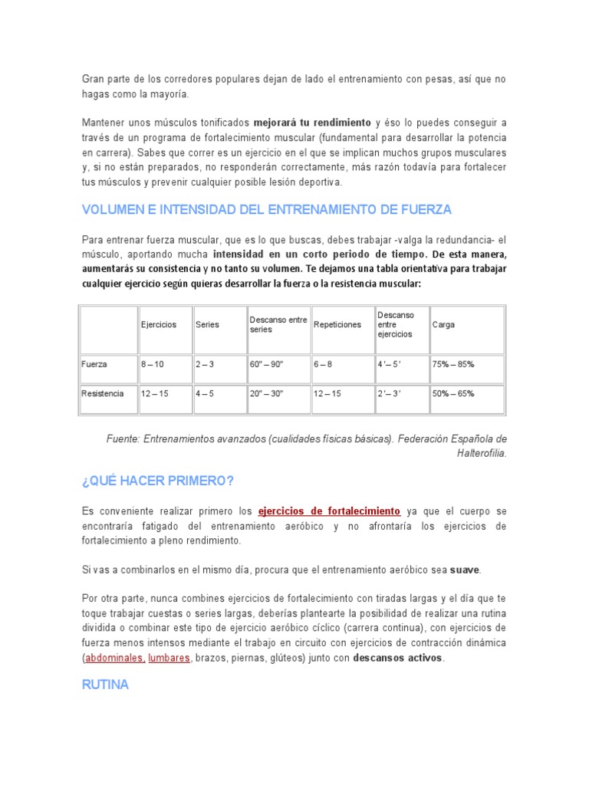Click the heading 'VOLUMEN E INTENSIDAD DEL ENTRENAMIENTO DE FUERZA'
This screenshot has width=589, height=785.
click(266, 209)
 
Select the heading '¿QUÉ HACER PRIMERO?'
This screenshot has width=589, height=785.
click(157, 480)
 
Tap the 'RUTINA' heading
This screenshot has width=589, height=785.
click(105, 685)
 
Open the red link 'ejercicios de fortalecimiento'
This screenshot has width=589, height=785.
click(329, 511)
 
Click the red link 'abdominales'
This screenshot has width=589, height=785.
click(114, 659)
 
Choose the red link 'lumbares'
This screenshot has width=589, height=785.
click(169, 659)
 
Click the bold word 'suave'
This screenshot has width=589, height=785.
click(465, 570)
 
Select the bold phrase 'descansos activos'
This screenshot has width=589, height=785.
click(397, 659)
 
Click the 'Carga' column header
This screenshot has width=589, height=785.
click(443, 324)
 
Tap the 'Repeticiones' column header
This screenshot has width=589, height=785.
click(337, 324)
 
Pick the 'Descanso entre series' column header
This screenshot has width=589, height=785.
click(278, 324)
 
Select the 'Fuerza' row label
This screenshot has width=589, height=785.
click(94, 364)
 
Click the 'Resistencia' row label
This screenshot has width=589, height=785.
click(102, 393)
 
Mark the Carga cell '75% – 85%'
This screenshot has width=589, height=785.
click(453, 364)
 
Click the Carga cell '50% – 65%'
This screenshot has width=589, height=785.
click(453, 393)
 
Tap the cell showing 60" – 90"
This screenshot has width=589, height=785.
click(266, 364)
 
